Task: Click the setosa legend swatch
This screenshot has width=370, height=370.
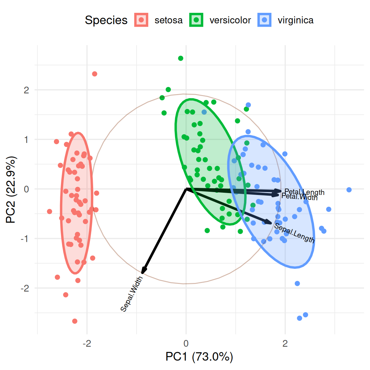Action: tap(141, 20)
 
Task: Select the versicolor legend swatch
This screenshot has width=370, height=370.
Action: tap(196, 20)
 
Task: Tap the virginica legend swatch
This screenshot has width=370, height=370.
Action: tap(264, 20)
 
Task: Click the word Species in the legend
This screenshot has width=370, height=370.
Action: tap(106, 20)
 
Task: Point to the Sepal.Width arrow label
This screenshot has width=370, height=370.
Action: tap(131, 294)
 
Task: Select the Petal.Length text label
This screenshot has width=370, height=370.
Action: tap(304, 192)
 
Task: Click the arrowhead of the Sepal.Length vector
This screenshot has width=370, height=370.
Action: tap(270, 223)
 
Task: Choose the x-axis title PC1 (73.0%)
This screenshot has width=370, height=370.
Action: tap(199, 357)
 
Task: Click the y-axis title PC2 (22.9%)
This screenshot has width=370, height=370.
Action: tap(11, 189)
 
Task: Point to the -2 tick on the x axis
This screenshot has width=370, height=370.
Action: tap(87, 344)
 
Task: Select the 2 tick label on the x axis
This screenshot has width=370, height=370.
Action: tap(285, 344)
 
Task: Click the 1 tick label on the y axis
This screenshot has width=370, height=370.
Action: tap(26, 139)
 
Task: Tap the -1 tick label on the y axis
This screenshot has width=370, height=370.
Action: tap(25, 239)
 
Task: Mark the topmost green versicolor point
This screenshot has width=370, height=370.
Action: tap(181, 58)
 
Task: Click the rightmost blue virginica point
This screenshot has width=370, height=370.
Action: tap(349, 190)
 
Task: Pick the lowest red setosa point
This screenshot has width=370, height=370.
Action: tap(75, 321)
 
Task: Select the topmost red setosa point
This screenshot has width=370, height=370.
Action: tap(94, 74)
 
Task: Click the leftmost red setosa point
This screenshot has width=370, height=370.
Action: tap(49, 211)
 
